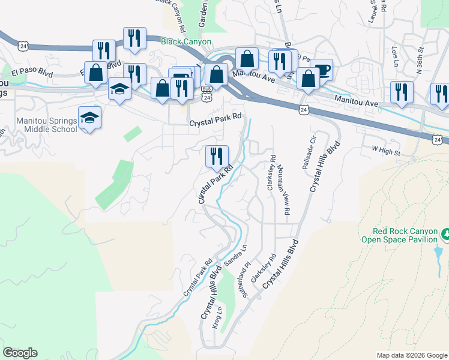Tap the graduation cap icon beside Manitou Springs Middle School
click(89, 117)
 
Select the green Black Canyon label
click(186, 41)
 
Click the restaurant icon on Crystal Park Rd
click(216, 157)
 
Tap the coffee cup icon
click(322, 69)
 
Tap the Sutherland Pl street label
click(246, 277)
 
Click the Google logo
click(20, 353)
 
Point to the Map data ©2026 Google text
click(411, 355)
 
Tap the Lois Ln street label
click(394, 56)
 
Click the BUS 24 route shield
click(206, 96)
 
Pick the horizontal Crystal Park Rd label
click(215, 123)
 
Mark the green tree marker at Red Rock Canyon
click(445, 233)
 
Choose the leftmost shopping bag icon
click(96, 73)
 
